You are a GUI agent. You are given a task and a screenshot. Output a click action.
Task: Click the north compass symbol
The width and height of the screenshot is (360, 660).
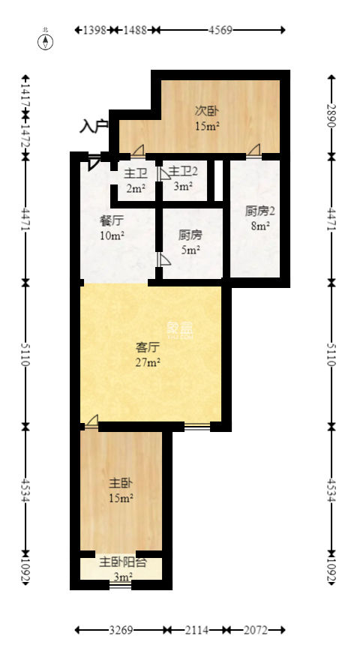coord(46,40)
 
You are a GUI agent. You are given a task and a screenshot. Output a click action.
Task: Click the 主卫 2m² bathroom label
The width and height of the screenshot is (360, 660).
coord(135,180)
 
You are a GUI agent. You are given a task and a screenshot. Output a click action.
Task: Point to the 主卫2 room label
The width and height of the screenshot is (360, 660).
coord(183,172)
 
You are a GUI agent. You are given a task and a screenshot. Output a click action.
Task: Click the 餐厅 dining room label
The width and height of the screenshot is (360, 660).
coord(112,221)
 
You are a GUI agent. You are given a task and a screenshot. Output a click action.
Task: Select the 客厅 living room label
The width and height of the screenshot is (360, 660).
coord(148,347)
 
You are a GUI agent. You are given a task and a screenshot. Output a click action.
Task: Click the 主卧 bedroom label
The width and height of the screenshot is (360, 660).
coord(121,482)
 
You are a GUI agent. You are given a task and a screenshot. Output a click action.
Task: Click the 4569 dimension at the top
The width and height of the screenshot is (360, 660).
coord(220,30)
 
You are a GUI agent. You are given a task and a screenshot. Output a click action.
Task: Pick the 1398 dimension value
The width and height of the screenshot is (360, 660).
coord(94,30)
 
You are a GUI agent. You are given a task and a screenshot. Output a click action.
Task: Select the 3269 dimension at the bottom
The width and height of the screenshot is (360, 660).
coord(121,631)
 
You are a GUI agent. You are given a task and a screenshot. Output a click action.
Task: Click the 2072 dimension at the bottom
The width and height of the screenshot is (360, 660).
coord(256,631)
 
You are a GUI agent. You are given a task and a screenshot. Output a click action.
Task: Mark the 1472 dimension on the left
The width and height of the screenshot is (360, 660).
coord(25,136)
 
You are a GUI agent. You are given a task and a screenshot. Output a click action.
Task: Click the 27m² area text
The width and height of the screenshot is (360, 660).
coord(148,363)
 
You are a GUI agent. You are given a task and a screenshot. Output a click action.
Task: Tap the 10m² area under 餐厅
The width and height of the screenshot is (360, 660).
coord(112,236)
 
